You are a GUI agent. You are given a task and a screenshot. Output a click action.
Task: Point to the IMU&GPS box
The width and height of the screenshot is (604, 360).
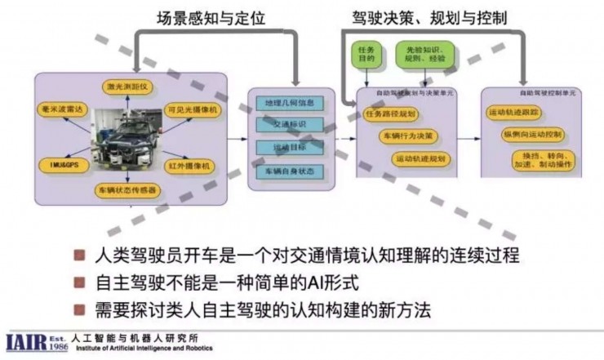[60, 164]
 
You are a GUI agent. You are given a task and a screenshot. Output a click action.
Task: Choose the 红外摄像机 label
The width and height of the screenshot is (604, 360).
[191, 166]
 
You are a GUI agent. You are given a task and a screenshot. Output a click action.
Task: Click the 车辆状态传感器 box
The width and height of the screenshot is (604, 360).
[127, 190]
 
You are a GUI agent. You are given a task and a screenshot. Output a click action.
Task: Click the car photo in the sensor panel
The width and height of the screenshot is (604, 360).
[127, 139]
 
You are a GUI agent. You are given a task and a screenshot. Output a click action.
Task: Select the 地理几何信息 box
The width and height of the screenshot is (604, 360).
[285, 104]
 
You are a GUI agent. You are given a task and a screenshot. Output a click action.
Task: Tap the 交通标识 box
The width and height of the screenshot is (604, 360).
[285, 125]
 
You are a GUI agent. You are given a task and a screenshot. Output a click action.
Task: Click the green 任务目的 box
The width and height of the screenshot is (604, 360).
[366, 56]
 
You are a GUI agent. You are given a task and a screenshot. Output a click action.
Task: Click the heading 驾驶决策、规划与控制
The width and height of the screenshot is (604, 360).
[451, 16]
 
